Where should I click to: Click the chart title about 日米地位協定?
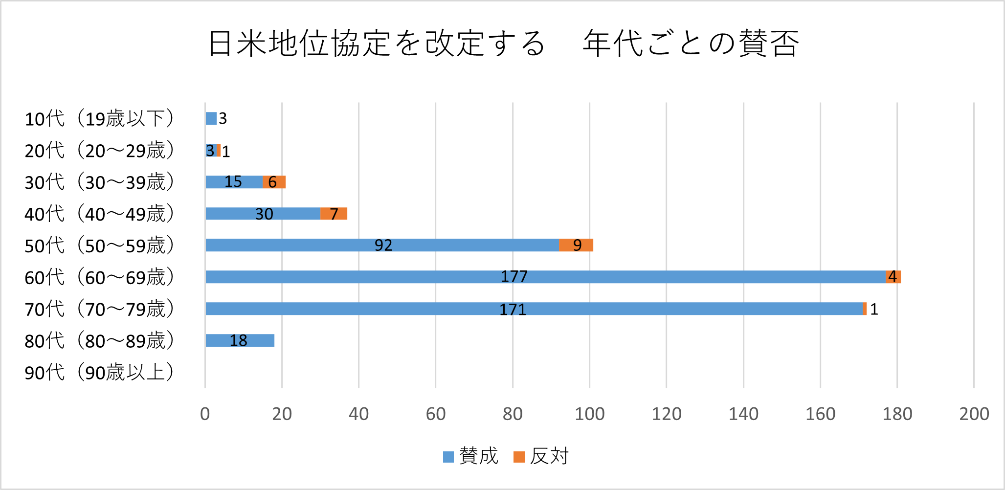pyautogui.click(x=503, y=44)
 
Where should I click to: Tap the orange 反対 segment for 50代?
pyautogui.click(x=576, y=245)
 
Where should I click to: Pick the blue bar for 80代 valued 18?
pyautogui.click(x=240, y=340)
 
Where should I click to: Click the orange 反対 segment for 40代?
pyautogui.click(x=334, y=214)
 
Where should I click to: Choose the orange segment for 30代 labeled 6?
pyautogui.click(x=274, y=182)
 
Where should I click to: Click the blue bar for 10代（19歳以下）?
pyautogui.click(x=211, y=118)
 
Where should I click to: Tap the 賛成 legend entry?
pyautogui.click(x=470, y=456)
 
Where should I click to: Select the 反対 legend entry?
pyautogui.click(x=541, y=456)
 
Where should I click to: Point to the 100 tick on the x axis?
pyautogui.click(x=589, y=414)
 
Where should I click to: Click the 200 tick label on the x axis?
pyautogui.click(x=974, y=414)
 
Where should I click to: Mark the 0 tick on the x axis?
pyautogui.click(x=205, y=414)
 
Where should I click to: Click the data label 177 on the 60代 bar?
pyautogui.click(x=514, y=277)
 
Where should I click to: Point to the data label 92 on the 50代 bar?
pyautogui.click(x=383, y=245)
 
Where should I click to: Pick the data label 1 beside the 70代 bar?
pyautogui.click(x=874, y=309)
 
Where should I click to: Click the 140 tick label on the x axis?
pyautogui.click(x=743, y=414)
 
